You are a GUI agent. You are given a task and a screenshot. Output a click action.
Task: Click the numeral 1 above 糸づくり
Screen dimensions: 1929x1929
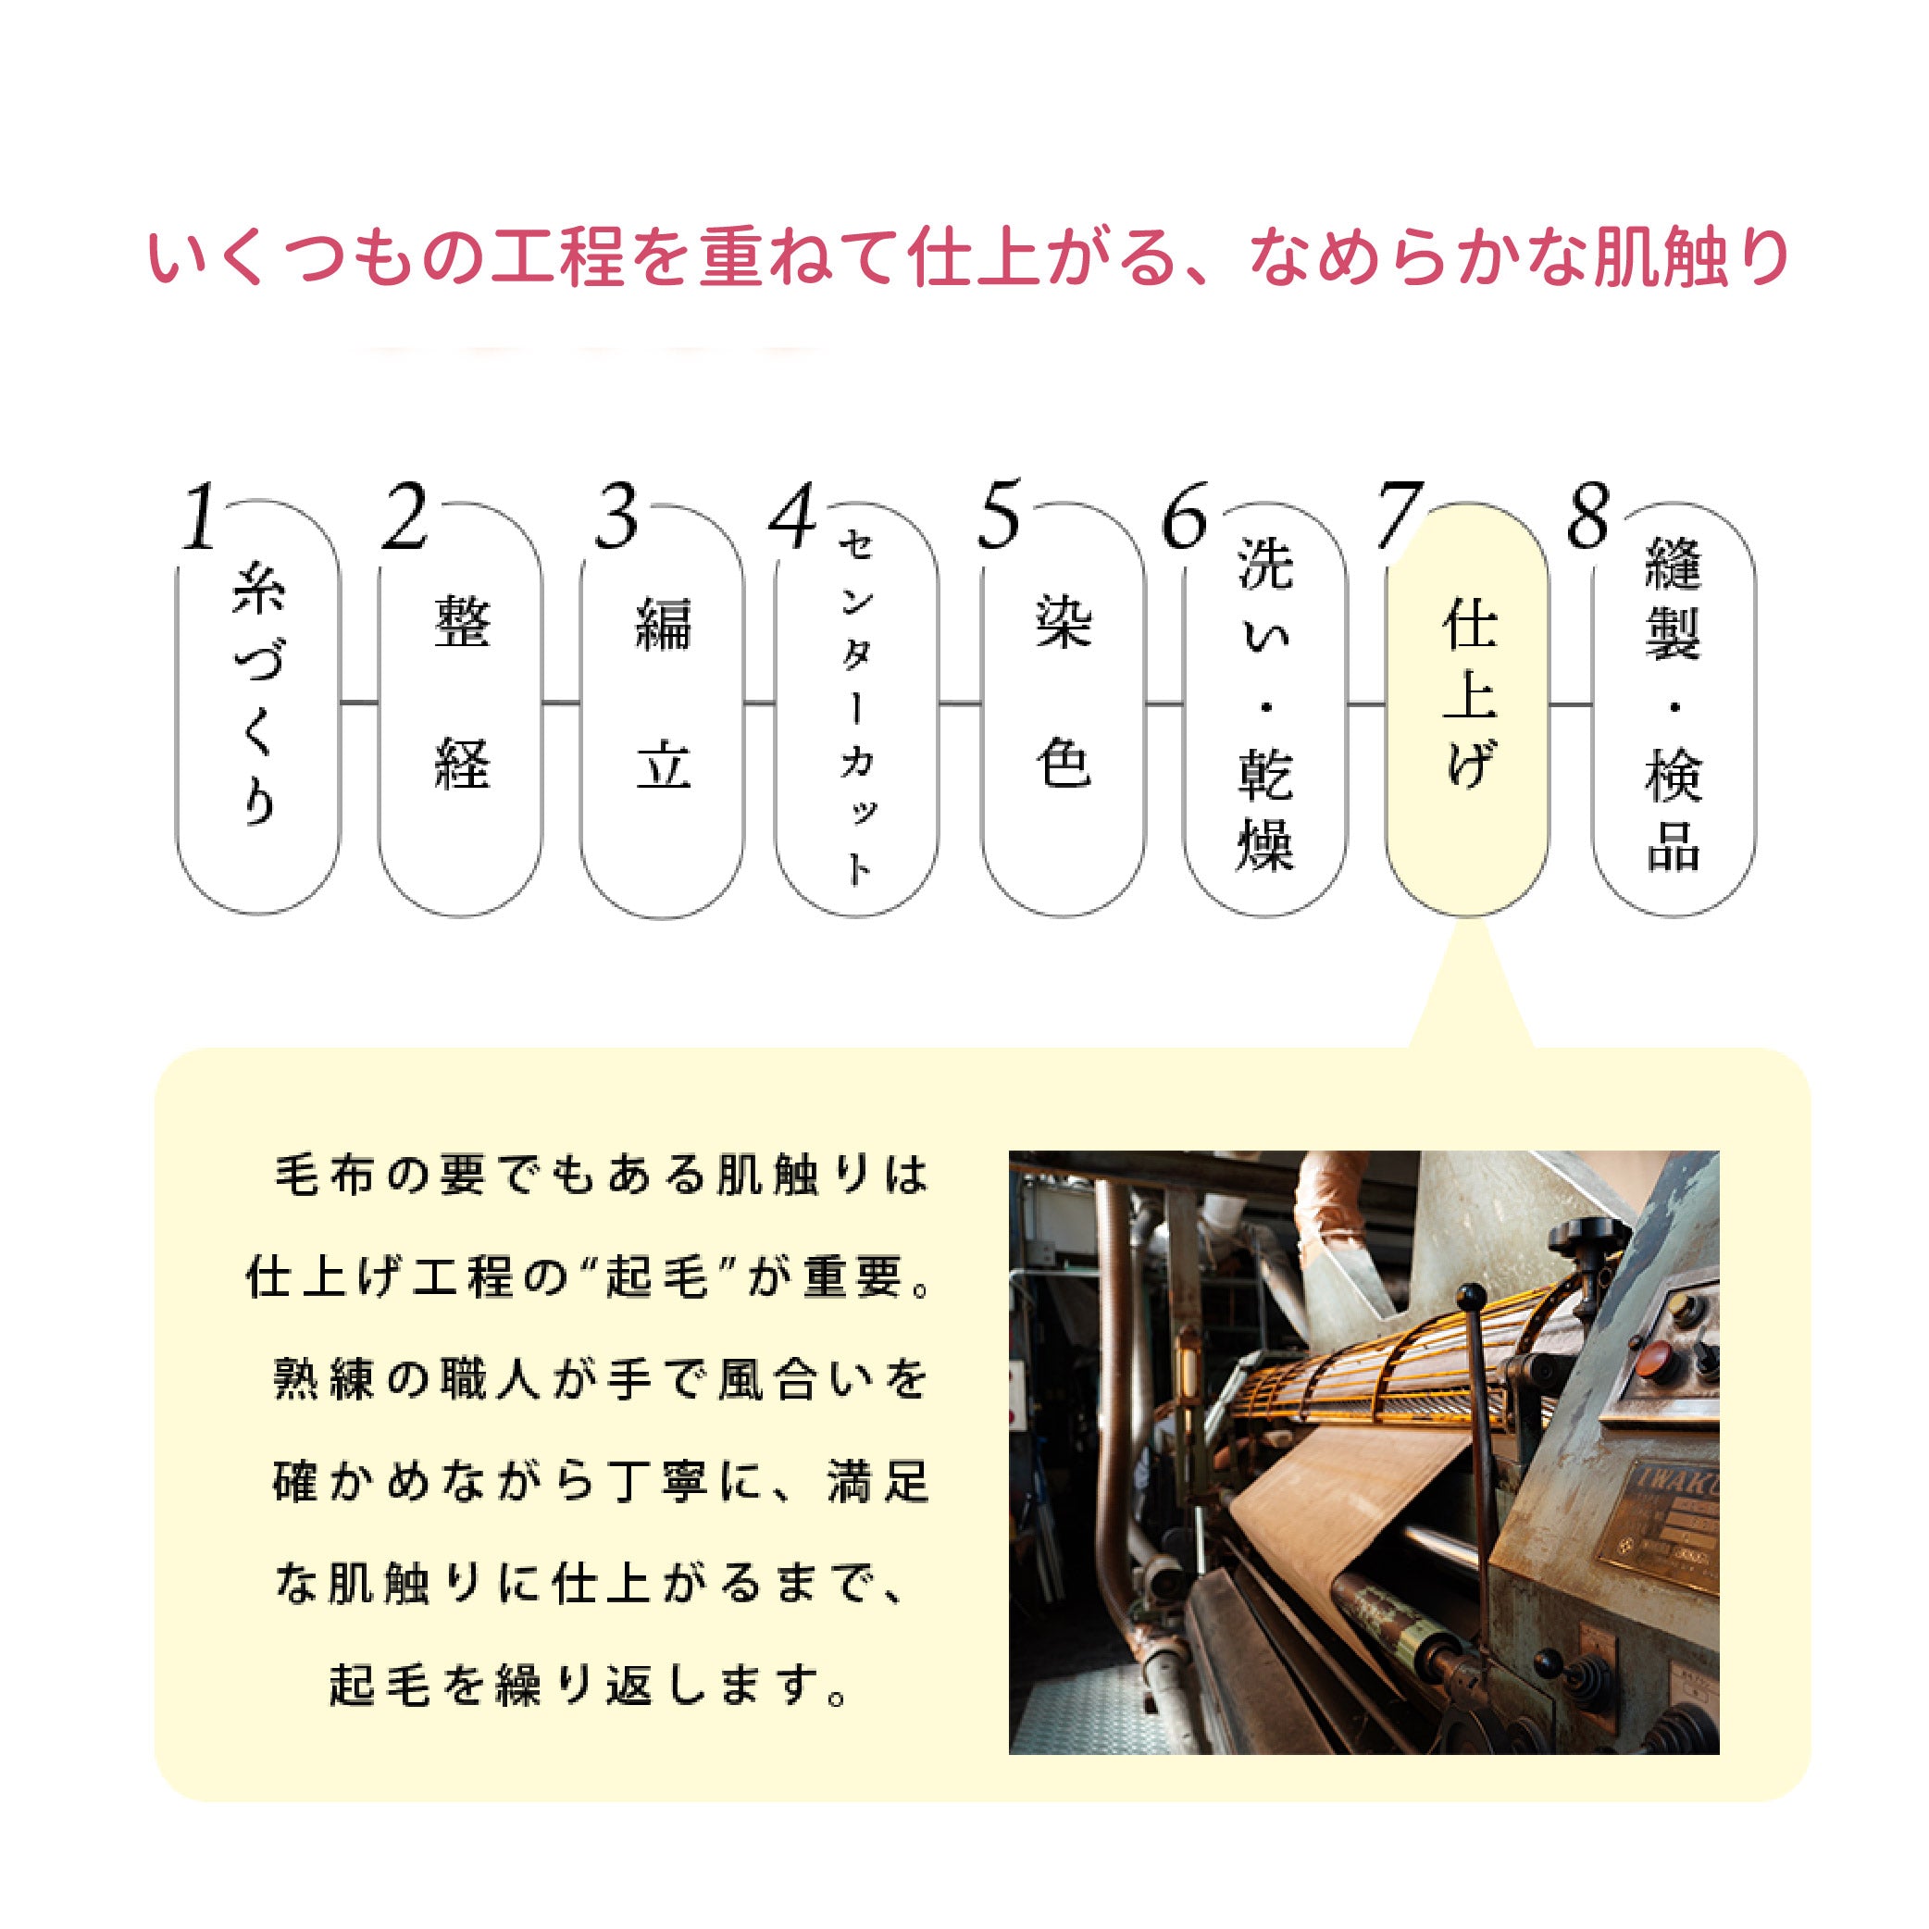coord(200,517)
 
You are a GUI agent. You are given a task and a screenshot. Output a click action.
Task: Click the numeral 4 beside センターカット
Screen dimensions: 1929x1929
coord(792,517)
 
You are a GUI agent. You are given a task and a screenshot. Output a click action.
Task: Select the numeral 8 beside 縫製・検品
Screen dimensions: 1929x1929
coord(1587,517)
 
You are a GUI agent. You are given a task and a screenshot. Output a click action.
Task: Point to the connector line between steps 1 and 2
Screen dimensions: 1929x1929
coord(358,703)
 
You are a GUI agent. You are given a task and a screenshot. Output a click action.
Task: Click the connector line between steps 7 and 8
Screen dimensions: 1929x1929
coord(1570,705)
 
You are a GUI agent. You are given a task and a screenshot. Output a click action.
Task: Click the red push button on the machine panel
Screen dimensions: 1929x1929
coord(1655,1356)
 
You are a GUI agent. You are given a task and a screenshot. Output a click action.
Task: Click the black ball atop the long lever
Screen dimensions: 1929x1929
coord(1469,1297)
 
